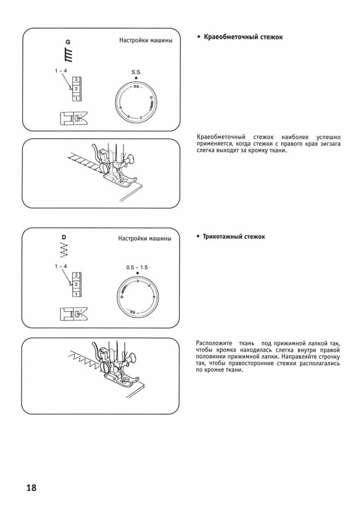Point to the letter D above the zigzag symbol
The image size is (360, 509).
tap(64, 237)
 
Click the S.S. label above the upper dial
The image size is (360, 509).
tap(136, 72)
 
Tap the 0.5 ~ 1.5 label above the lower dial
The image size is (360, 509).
tap(137, 267)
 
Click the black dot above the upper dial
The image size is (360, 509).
tap(136, 78)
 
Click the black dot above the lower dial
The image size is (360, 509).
tap(137, 273)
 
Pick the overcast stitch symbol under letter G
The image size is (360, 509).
tap(70, 55)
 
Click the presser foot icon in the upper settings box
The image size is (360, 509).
tap(73, 118)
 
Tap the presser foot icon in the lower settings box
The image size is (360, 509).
tap(73, 314)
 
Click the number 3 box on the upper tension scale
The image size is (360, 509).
tap(76, 79)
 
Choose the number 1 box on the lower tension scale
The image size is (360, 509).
tap(76, 294)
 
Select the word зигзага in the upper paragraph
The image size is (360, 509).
tap(330, 144)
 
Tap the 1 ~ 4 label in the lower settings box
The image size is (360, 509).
tap(61, 266)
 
